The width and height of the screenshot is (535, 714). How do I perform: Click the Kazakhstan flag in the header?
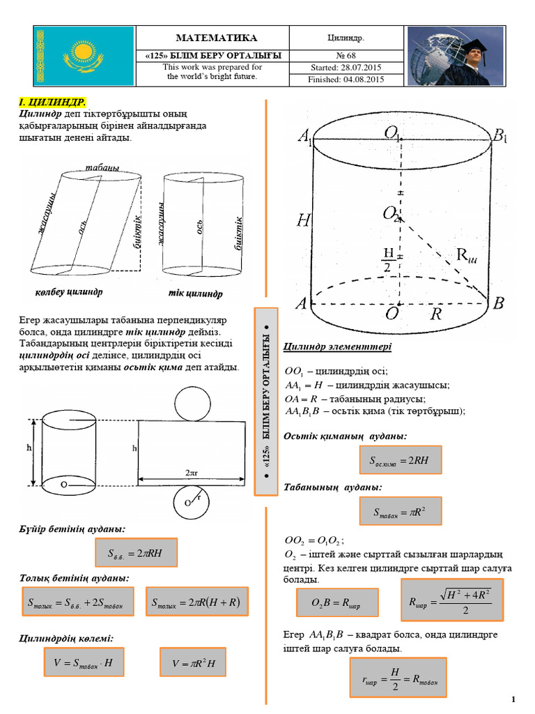point(84,56)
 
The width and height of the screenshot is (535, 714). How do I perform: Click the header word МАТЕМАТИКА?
point(217,38)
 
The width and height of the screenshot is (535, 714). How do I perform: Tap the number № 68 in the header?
point(346,55)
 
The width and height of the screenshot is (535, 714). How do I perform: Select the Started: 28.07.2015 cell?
point(346,68)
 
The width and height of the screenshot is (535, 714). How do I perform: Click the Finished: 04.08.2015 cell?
point(346,79)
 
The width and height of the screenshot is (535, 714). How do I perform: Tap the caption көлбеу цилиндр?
point(68,291)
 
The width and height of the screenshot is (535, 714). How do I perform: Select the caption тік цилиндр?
point(195,294)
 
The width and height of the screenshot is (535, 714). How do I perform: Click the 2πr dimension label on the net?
point(192,472)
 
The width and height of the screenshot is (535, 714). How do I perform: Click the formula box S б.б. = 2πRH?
point(137,554)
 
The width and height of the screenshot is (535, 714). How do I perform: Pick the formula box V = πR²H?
point(193,662)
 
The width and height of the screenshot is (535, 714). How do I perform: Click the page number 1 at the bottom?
point(513,699)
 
